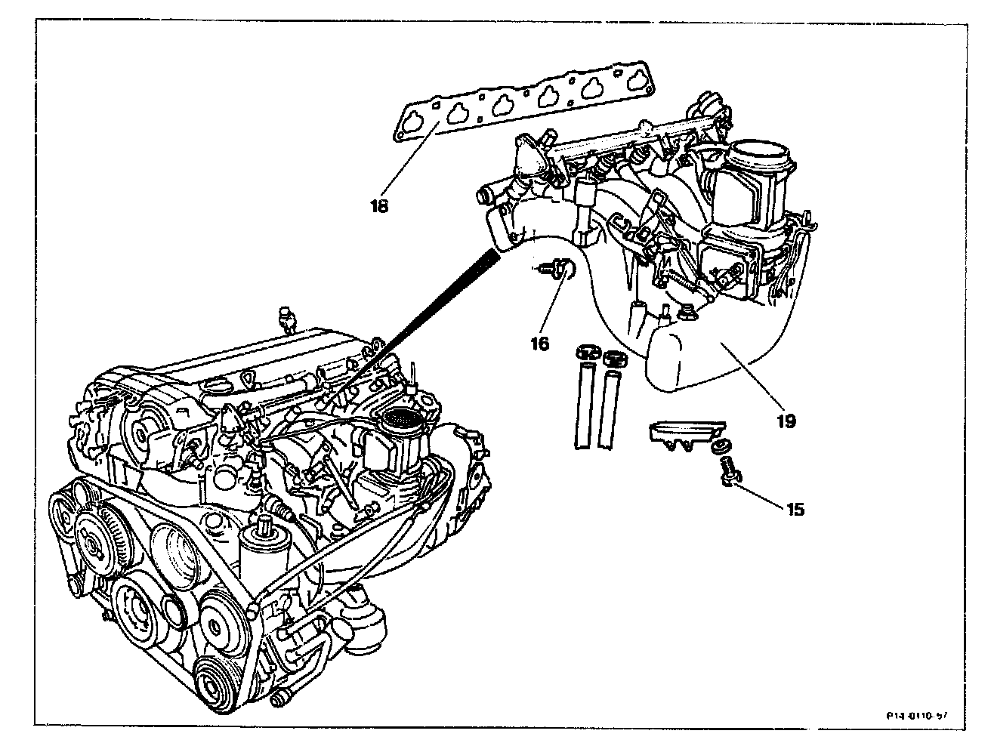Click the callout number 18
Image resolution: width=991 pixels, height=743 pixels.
pos(379,205)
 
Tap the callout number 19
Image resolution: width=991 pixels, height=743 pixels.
pos(786,421)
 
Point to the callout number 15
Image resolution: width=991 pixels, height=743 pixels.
pos(795,510)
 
